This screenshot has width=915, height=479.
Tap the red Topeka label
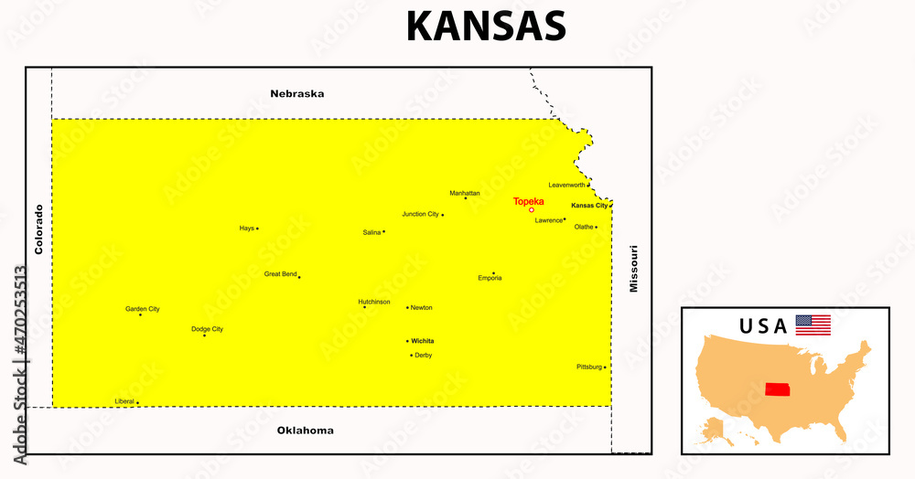(528, 201)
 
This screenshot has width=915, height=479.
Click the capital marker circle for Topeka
(532, 210)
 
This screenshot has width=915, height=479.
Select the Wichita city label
(422, 340)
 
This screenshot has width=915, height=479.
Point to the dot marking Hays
(257, 229)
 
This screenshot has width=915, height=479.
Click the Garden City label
(142, 309)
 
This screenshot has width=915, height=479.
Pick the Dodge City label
(207, 329)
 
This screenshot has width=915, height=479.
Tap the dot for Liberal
(137, 402)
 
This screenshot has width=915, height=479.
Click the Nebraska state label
(296, 93)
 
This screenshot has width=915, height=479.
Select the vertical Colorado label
(38, 229)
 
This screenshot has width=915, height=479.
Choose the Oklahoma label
(305, 430)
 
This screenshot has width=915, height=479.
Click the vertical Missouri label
(633, 269)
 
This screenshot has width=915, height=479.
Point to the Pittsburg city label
(589, 367)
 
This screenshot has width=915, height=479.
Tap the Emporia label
(490, 278)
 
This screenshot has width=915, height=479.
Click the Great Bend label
(280, 273)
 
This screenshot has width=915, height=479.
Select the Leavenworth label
(566, 185)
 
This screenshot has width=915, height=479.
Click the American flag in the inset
(813, 325)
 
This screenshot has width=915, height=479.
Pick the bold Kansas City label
(589, 206)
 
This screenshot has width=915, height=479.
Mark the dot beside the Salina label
(383, 231)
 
